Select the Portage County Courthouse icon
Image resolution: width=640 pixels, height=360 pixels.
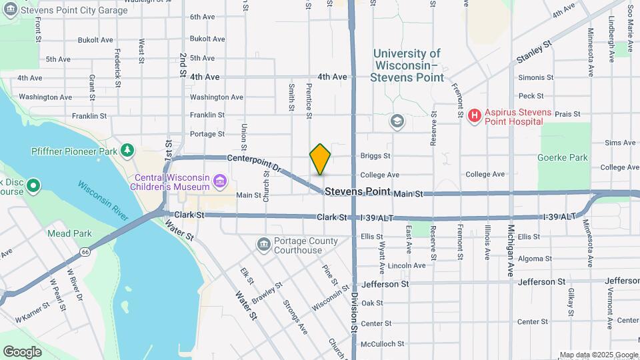(x=263, y=244)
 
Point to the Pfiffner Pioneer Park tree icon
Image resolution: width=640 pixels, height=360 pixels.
(x=127, y=151)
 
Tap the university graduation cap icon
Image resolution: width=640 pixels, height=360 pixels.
(x=397, y=121)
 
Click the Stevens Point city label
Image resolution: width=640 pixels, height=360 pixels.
(x=357, y=192)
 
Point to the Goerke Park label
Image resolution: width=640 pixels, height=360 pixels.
(x=562, y=158)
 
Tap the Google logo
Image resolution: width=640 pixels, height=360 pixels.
(x=22, y=351)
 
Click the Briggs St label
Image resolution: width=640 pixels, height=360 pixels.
(x=375, y=156)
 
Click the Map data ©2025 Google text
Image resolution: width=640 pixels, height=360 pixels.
(x=598, y=355)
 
